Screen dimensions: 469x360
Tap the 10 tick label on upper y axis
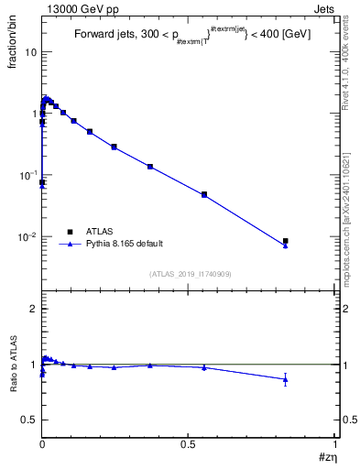(x=28, y=51)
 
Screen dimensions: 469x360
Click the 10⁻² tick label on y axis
(x=26, y=237)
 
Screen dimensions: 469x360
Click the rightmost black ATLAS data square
(x=286, y=241)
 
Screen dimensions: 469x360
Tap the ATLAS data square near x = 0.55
(x=204, y=194)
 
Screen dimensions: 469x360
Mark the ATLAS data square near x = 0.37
(x=150, y=167)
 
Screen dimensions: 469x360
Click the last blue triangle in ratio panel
(x=286, y=379)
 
